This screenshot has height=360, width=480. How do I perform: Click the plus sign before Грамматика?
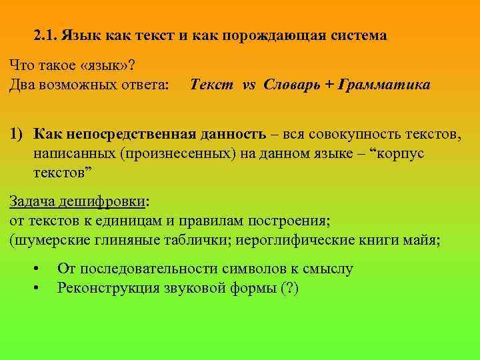329,85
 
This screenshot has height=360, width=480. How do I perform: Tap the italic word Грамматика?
384,85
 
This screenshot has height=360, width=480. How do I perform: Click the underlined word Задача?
33,202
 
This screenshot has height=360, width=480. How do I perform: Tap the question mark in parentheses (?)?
289,288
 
